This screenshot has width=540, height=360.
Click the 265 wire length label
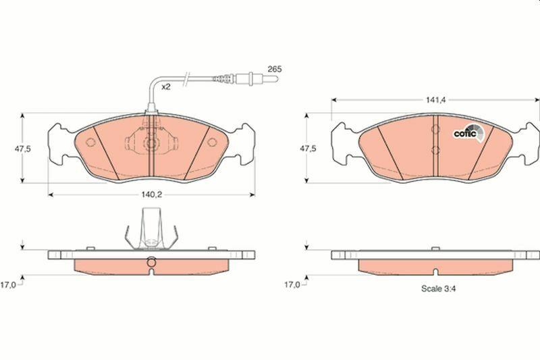point(275,69)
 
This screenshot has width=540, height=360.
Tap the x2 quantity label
point(166,87)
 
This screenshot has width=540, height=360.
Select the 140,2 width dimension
point(151,195)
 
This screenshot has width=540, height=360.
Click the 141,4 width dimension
point(435,100)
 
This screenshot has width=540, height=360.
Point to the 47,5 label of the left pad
point(23,149)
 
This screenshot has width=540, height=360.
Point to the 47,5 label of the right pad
point(308,149)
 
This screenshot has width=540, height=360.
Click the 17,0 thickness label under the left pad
point(8,285)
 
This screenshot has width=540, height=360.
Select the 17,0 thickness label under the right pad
point(292,285)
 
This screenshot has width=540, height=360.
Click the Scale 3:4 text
point(438,288)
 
